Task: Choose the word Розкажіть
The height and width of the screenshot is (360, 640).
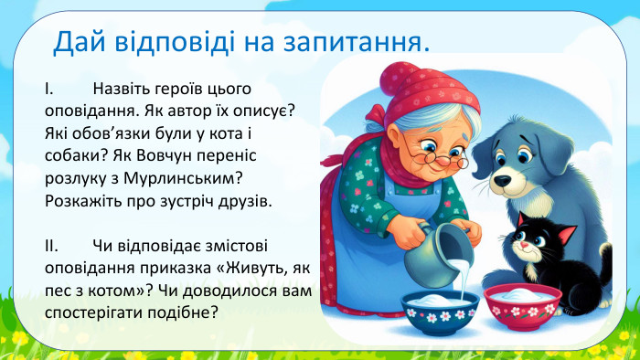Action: coord(84,199)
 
